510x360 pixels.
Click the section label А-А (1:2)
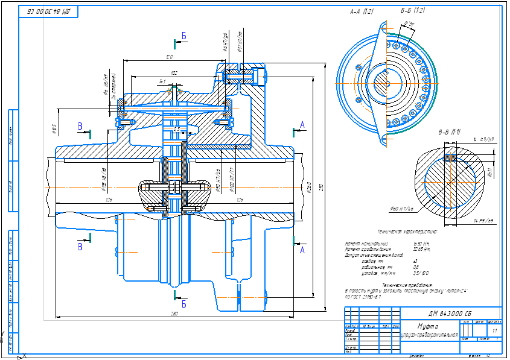(x=362, y=11)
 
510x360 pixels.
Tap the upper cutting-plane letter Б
(x=184, y=36)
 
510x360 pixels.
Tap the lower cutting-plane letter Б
(x=184, y=303)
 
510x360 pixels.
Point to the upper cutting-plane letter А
(x=302, y=125)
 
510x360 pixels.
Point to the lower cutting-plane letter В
(x=80, y=247)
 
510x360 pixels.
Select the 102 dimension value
(x=174, y=73)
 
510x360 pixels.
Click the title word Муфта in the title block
(x=429, y=325)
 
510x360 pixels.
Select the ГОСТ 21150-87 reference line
(x=362, y=296)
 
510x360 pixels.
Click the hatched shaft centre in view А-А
(x=382, y=81)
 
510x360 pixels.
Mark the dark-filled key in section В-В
(x=450, y=158)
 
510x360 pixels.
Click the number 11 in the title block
(x=495, y=331)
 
